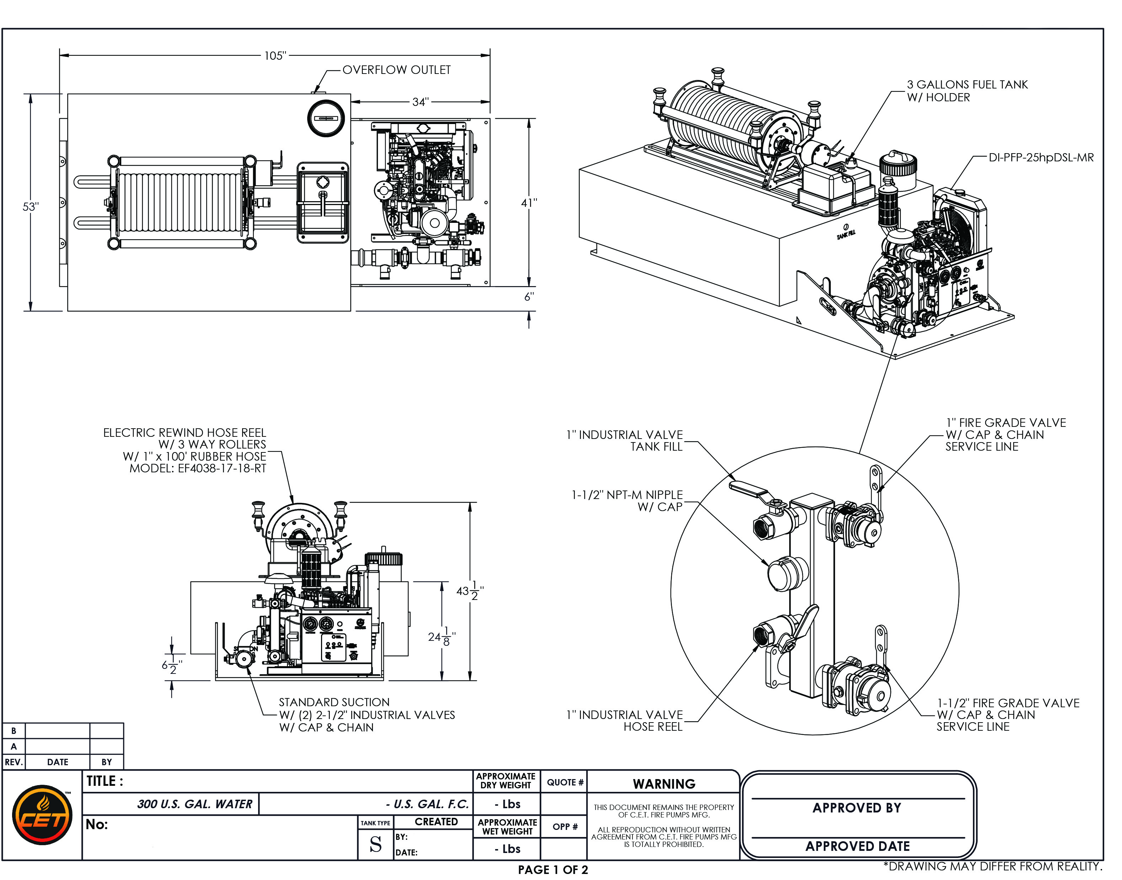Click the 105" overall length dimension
click(x=275, y=56)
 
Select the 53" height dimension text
click(x=31, y=206)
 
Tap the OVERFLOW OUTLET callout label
click(x=396, y=70)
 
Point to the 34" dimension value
click(x=420, y=102)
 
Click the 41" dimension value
click(x=529, y=203)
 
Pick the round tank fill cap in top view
click(x=326, y=118)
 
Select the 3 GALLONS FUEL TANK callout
click(x=967, y=91)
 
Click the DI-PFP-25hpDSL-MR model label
click(x=1041, y=158)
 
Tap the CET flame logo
click(x=42, y=815)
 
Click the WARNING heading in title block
click(x=664, y=784)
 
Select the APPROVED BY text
click(x=856, y=808)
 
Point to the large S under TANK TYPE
click(x=376, y=844)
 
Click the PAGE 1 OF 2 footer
click(x=552, y=870)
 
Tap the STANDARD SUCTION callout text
click(x=334, y=702)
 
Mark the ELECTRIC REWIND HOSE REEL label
click(x=185, y=433)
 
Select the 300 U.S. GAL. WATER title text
click(x=195, y=804)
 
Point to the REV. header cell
click(x=14, y=762)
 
